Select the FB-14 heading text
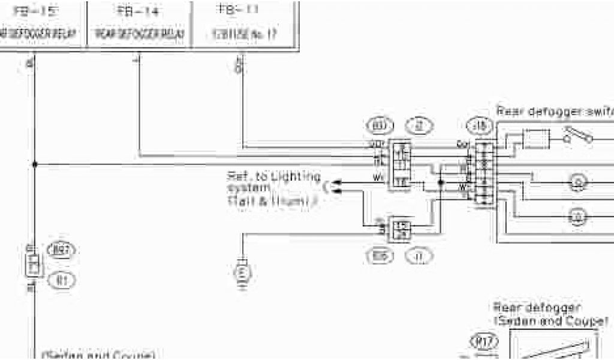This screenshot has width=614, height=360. point(139,10)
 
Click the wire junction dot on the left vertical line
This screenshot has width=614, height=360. point(35,164)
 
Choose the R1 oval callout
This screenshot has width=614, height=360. point(62,278)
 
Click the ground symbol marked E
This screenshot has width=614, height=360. point(242,273)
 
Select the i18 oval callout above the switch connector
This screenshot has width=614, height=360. point(479,127)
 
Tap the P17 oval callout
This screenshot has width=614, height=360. point(482,342)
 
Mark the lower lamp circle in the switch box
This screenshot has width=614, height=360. point(578,217)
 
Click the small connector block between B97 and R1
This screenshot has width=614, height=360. point(34,263)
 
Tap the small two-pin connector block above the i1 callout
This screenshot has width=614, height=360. point(400,228)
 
